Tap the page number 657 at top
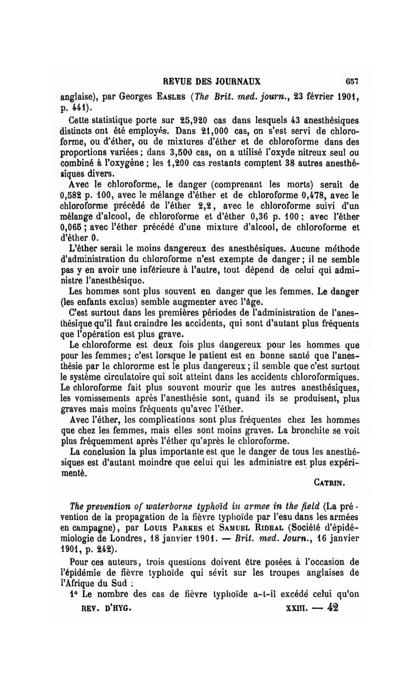point(353,82)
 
